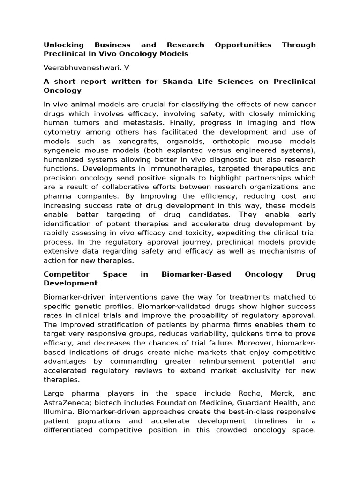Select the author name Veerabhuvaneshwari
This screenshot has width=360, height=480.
[x=80, y=67]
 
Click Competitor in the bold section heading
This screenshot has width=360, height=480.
[x=66, y=274]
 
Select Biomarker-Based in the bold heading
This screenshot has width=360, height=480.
[x=196, y=274]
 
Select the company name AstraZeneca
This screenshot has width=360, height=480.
[x=65, y=403]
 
